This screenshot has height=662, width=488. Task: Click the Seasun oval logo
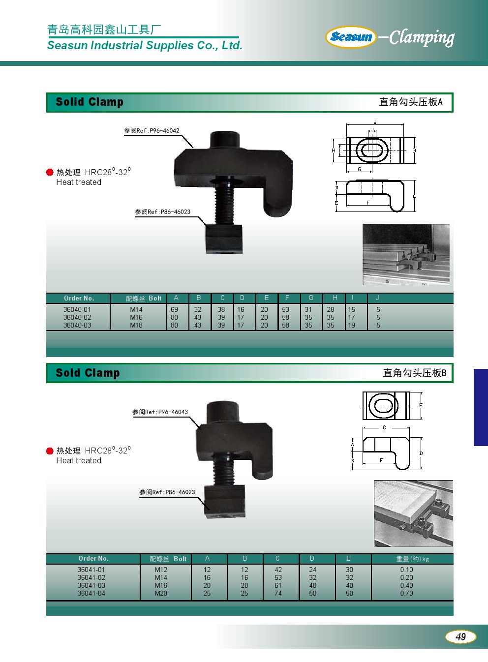click(351, 37)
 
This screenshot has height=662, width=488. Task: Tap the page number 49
click(460, 636)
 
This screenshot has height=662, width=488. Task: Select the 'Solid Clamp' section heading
click(90, 102)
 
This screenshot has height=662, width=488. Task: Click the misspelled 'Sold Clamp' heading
click(88, 373)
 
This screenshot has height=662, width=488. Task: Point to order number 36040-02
click(77, 317)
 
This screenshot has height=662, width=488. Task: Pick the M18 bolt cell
click(136, 325)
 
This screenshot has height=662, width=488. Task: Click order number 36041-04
click(91, 593)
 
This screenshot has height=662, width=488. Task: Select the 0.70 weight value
click(406, 593)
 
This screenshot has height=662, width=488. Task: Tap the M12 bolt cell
click(161, 570)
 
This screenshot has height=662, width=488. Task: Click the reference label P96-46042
click(152, 131)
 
